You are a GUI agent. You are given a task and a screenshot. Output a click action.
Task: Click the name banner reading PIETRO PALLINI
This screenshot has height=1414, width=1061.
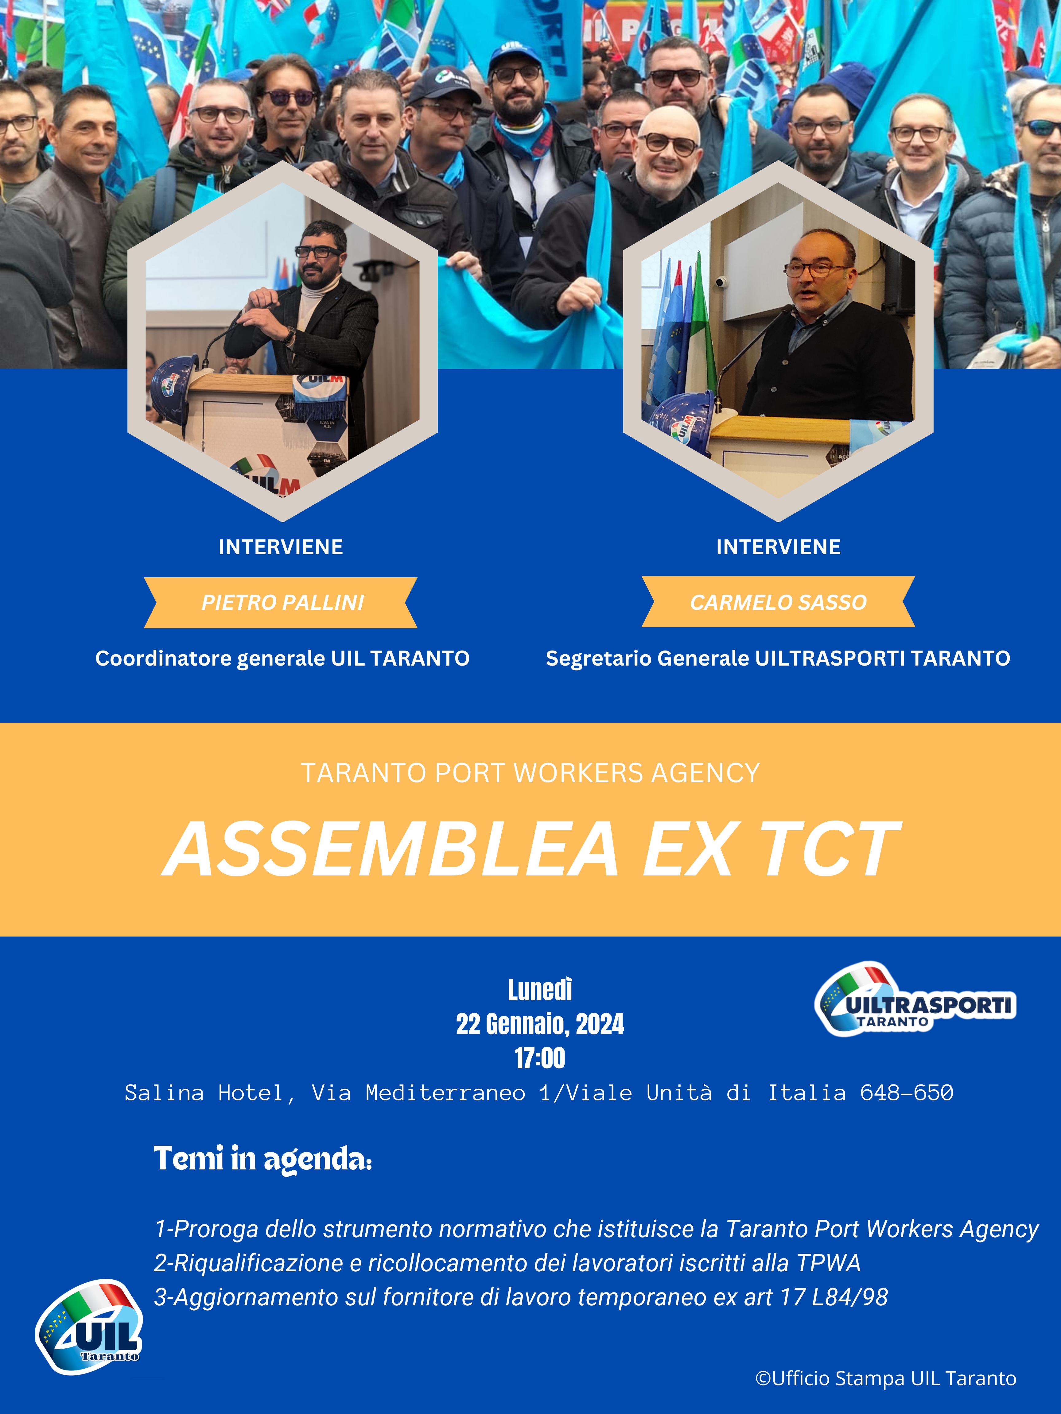click(x=281, y=602)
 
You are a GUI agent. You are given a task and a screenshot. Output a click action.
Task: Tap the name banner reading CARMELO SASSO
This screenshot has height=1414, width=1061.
click(x=778, y=601)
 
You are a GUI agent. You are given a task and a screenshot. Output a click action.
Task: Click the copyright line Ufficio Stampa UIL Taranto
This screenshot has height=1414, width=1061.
click(x=886, y=1379)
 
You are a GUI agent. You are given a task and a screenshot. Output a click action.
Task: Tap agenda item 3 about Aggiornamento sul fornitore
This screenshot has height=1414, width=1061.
click(x=521, y=1297)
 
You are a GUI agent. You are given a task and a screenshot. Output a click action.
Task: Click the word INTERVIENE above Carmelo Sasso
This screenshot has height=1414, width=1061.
click(x=778, y=547)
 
